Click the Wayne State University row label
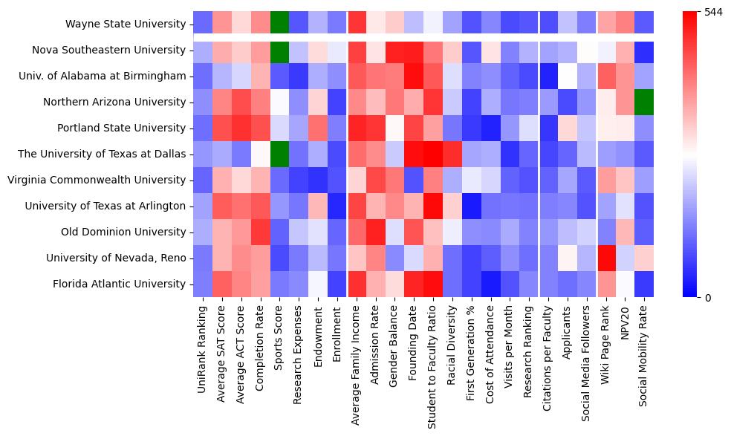(125, 24)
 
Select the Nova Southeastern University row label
(108, 50)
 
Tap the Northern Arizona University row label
(114, 102)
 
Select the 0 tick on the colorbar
(707, 297)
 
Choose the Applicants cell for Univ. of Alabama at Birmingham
(568, 76)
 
